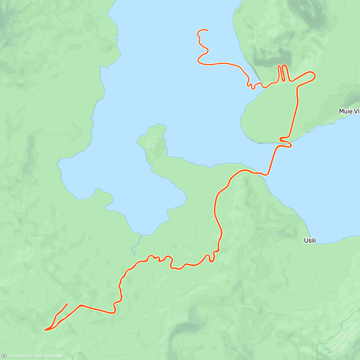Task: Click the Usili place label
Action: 310,240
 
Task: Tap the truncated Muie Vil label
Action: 349,111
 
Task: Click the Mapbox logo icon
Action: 4,356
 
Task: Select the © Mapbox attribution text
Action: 19,356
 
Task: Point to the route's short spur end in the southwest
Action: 67,304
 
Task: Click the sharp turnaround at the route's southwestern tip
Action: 45,330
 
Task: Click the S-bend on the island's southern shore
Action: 285,142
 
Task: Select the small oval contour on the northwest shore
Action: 103,44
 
